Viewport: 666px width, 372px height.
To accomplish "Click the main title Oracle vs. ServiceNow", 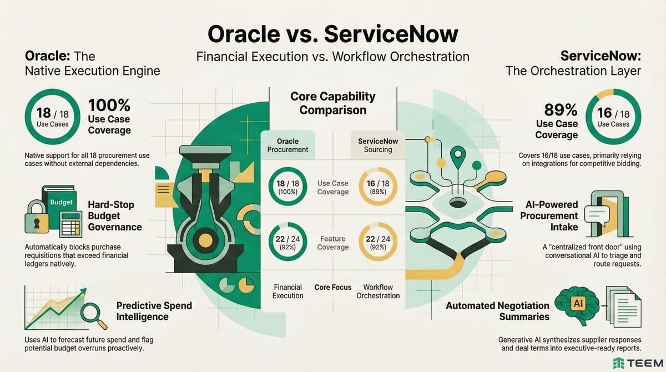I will tap(333, 34).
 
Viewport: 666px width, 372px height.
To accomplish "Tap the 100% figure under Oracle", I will tap(109, 105).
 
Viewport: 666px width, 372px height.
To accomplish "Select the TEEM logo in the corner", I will tap(636, 363).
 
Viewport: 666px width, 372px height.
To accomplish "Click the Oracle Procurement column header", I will tap(287, 145).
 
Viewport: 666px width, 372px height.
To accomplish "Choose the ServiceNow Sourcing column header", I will tap(377, 145).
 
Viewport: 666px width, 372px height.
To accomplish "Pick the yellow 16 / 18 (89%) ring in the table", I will tap(377, 187).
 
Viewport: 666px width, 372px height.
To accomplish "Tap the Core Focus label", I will tap(332, 287).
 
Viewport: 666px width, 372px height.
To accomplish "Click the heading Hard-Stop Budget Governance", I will tap(115, 215).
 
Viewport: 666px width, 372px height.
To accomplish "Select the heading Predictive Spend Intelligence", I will tap(154, 311).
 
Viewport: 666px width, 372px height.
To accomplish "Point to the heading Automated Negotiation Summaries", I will tap(497, 311).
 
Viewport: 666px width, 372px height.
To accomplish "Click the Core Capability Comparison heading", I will tap(332, 103).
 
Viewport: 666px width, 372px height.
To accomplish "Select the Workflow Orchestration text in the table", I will tap(377, 291).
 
